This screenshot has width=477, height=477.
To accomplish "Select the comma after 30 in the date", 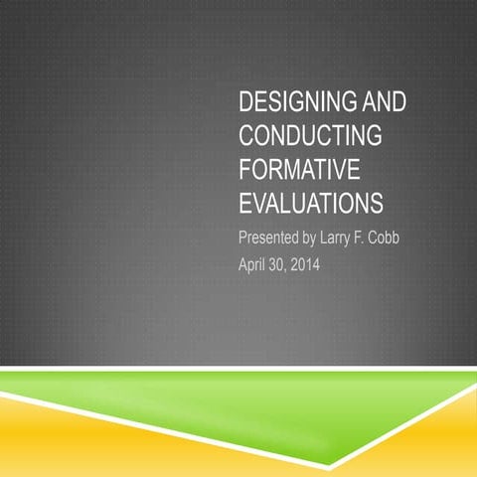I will [x=297, y=268].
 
